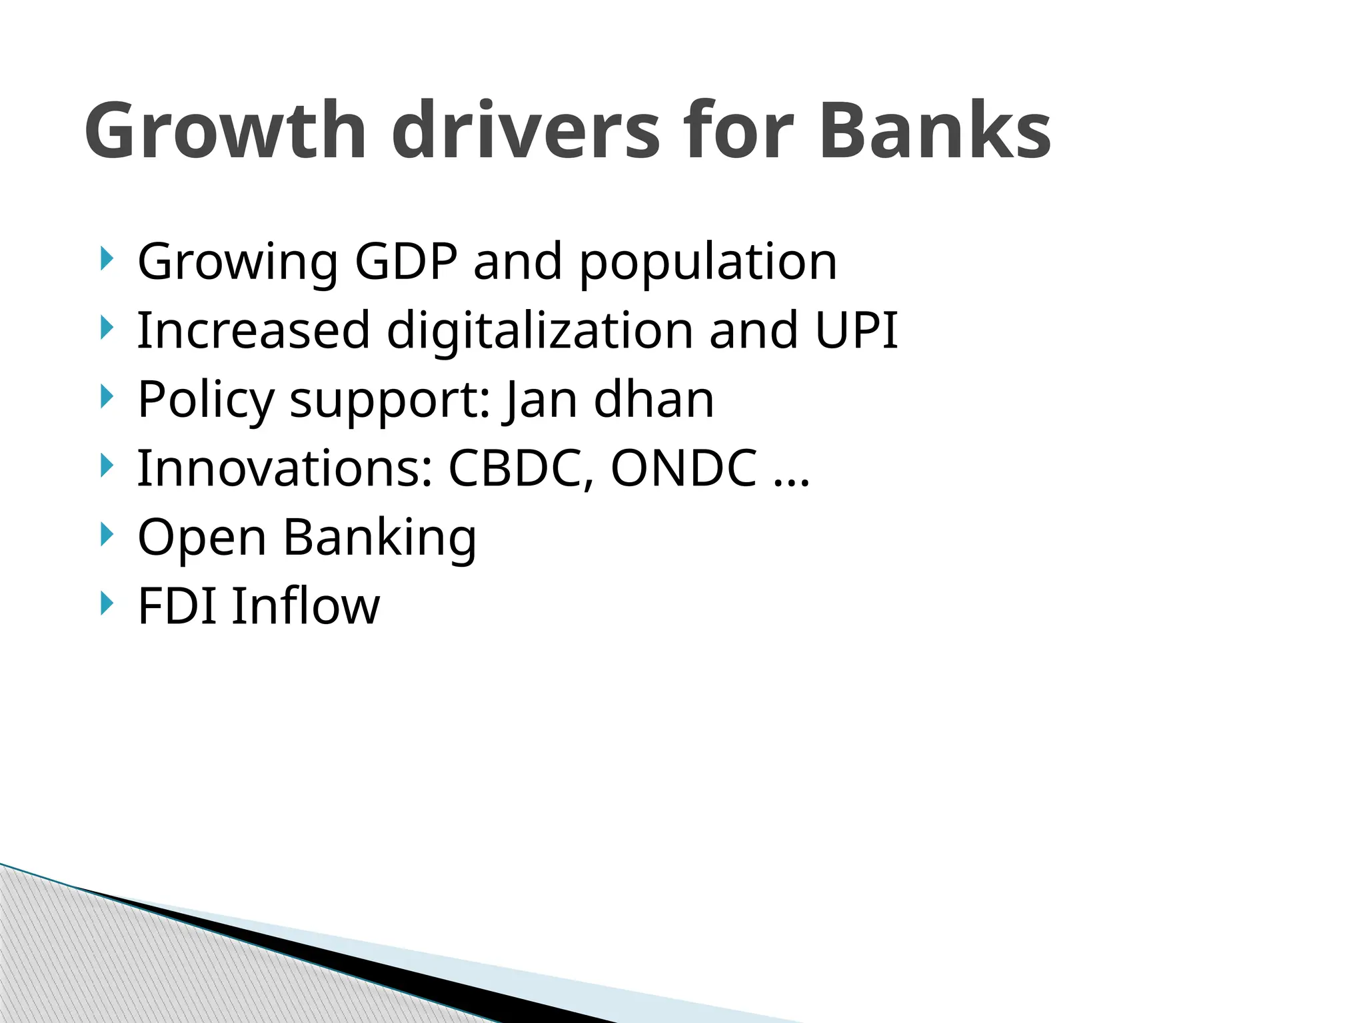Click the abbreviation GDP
(406, 261)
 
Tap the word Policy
(206, 400)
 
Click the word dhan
(654, 399)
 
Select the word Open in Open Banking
(202, 538)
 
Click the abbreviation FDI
(177, 606)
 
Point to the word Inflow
(306, 606)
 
